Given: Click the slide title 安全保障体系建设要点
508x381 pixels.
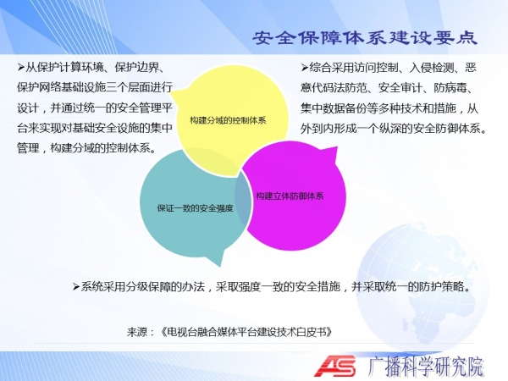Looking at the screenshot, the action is (x=364, y=38).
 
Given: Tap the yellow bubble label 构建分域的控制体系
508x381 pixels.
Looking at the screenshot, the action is (x=228, y=120).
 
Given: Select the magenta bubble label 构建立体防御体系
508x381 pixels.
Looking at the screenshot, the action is (x=290, y=196).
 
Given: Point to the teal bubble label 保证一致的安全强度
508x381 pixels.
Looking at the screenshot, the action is (x=195, y=208).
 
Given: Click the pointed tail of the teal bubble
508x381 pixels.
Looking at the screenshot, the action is (x=221, y=267).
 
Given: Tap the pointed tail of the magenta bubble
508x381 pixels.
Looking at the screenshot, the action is (x=336, y=147).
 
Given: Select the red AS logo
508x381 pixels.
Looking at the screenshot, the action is (x=334, y=366).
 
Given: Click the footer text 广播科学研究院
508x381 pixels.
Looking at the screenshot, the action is (x=426, y=367).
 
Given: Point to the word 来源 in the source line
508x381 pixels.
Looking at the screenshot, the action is (x=137, y=332).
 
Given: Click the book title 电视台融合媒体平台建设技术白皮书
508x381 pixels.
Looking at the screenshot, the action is (x=247, y=332).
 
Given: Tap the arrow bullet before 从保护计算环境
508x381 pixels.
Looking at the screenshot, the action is (x=21, y=68).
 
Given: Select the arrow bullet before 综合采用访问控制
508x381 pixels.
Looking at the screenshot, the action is (x=304, y=68).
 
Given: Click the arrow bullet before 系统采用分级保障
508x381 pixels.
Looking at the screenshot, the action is (x=76, y=286).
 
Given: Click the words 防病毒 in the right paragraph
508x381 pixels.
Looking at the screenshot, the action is (x=450, y=87).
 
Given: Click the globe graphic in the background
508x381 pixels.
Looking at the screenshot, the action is (x=421, y=285).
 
